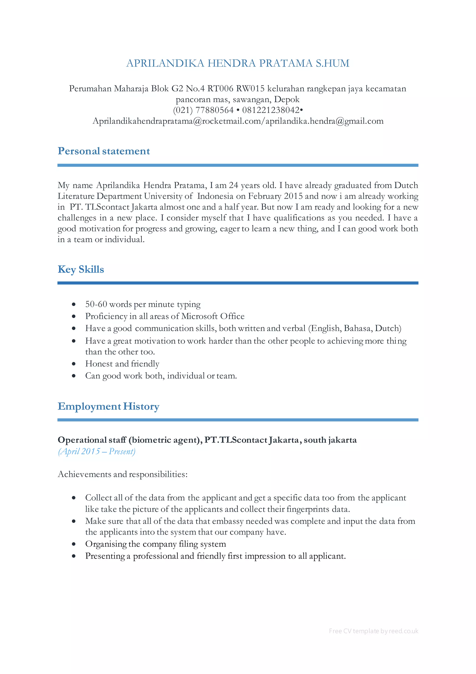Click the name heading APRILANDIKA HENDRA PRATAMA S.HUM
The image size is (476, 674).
(x=238, y=63)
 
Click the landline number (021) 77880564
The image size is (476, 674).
(x=203, y=110)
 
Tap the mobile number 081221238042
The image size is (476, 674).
(x=271, y=110)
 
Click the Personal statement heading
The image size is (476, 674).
(x=104, y=151)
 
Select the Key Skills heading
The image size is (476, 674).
(x=81, y=269)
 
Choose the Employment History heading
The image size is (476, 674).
(x=109, y=406)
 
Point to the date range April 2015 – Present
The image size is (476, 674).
(x=97, y=451)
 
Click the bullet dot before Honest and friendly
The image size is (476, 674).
(x=74, y=364)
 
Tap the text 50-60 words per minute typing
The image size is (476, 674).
(x=143, y=304)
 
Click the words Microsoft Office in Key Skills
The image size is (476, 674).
(x=213, y=316)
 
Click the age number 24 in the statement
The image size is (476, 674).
(x=234, y=185)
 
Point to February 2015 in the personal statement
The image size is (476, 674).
(x=275, y=196)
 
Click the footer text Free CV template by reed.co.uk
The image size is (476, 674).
(x=374, y=631)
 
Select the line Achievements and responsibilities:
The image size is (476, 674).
(x=122, y=474)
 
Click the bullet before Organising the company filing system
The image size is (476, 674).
(x=74, y=544)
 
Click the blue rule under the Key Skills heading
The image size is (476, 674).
(x=238, y=283)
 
